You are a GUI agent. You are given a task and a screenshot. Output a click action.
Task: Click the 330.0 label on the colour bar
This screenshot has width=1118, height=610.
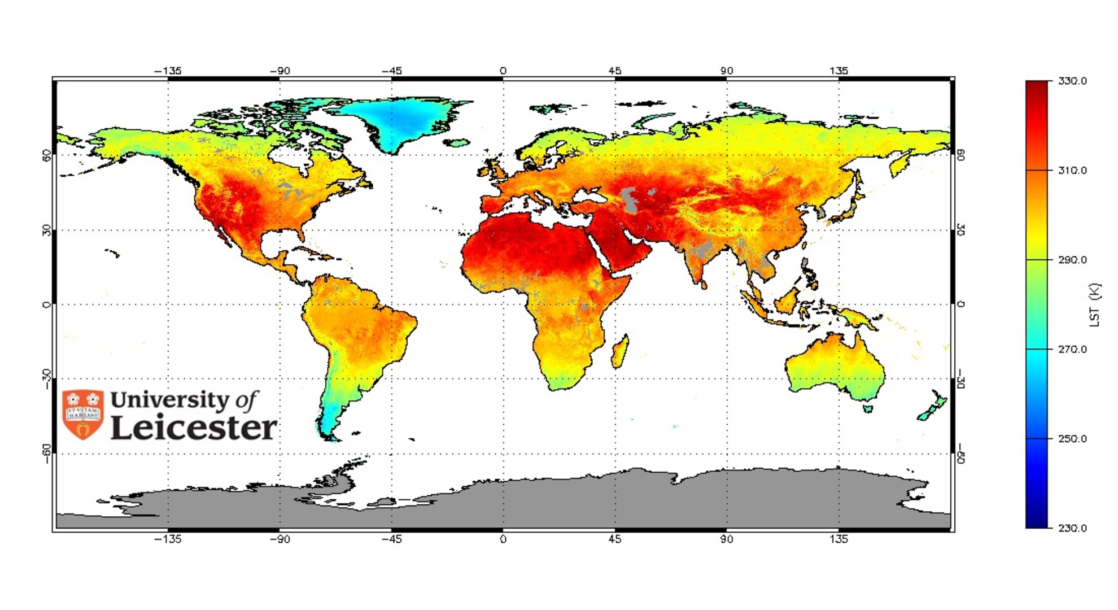click(1072, 81)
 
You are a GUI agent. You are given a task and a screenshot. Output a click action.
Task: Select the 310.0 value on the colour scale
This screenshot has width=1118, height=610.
click(1072, 171)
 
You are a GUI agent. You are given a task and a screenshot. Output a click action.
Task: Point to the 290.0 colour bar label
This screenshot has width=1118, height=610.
click(1072, 260)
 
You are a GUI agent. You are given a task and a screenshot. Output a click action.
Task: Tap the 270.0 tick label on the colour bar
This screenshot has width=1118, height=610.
click(1072, 350)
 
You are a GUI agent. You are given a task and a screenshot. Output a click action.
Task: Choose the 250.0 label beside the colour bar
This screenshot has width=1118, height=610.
click(1072, 439)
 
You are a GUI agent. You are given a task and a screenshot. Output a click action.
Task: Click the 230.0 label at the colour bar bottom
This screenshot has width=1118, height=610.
click(1072, 528)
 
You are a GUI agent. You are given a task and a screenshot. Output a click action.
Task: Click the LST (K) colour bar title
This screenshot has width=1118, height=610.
click(1094, 305)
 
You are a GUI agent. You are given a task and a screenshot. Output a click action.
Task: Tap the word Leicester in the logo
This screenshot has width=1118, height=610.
click(194, 428)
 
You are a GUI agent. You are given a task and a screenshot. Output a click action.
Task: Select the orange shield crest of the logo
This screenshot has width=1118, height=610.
click(83, 414)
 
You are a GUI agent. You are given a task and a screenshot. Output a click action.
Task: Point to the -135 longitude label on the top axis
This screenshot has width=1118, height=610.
click(168, 71)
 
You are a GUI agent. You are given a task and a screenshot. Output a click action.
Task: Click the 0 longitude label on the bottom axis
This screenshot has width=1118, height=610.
click(503, 539)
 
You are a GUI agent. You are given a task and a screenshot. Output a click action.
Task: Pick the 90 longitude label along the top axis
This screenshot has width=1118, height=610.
click(727, 71)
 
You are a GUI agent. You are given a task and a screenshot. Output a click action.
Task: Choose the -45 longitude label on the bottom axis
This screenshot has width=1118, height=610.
click(391, 539)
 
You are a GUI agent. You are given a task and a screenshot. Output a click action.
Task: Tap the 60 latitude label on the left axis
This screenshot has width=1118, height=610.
click(47, 155)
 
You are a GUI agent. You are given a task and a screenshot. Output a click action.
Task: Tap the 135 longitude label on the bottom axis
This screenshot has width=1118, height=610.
click(838, 539)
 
